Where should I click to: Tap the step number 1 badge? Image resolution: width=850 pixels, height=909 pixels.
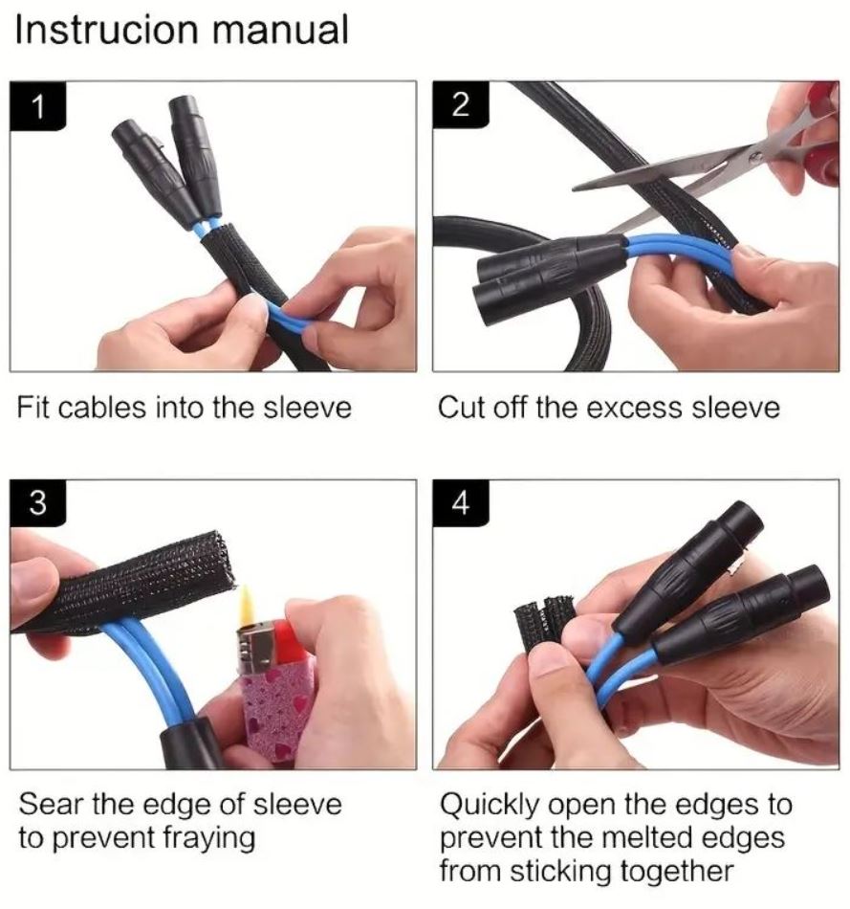point(37,105)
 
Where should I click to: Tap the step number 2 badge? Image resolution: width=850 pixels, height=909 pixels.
point(460,105)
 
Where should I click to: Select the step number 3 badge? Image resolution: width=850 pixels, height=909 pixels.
point(37,502)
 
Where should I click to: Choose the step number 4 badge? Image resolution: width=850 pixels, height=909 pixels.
point(460,502)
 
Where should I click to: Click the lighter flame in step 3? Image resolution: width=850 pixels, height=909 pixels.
point(247,607)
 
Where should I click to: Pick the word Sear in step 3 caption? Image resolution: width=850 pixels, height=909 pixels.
point(51,804)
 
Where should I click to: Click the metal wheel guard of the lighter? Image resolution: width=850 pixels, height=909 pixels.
point(256,648)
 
